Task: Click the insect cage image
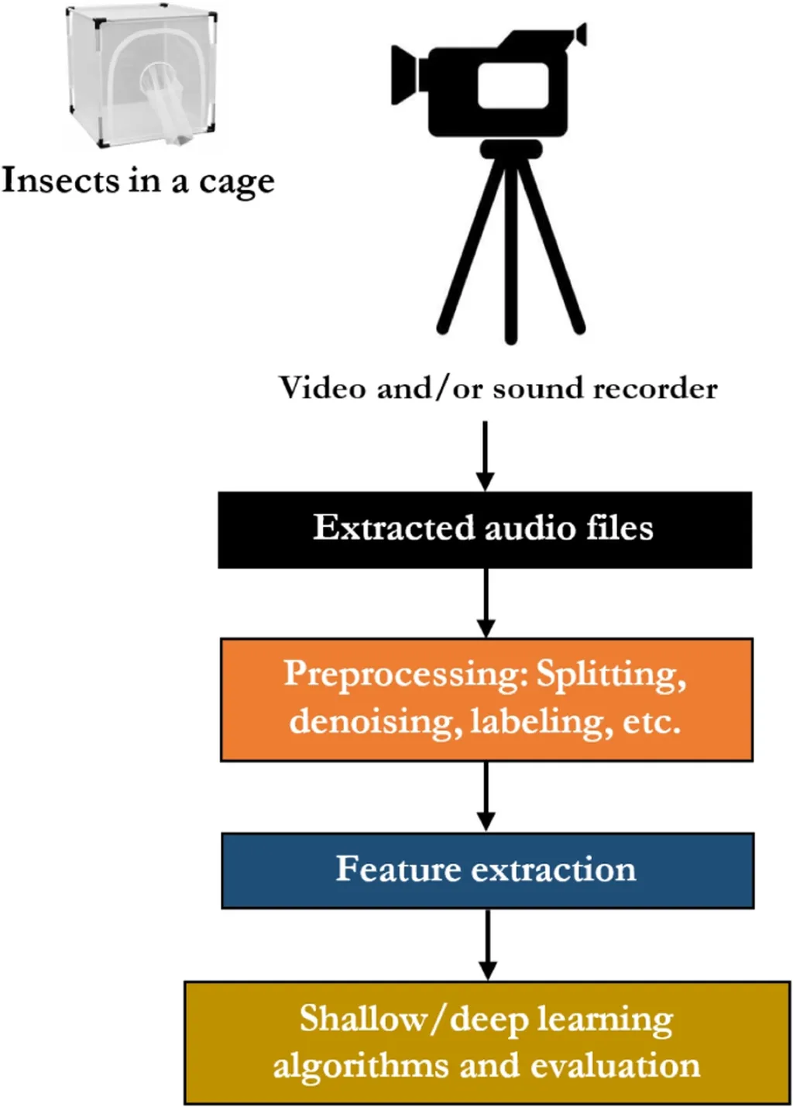[x=142, y=76]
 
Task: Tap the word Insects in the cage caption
[x=61, y=180]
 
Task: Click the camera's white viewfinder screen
[x=513, y=84]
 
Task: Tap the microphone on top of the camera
[x=579, y=35]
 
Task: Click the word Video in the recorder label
[x=323, y=387]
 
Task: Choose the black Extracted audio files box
[x=485, y=529]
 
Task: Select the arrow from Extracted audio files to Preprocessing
[x=486, y=603]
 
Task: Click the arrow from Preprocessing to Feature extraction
[x=486, y=796]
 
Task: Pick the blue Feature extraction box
[x=487, y=870]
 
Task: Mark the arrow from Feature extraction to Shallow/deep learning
[x=487, y=944]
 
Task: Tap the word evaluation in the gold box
[x=615, y=1065]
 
